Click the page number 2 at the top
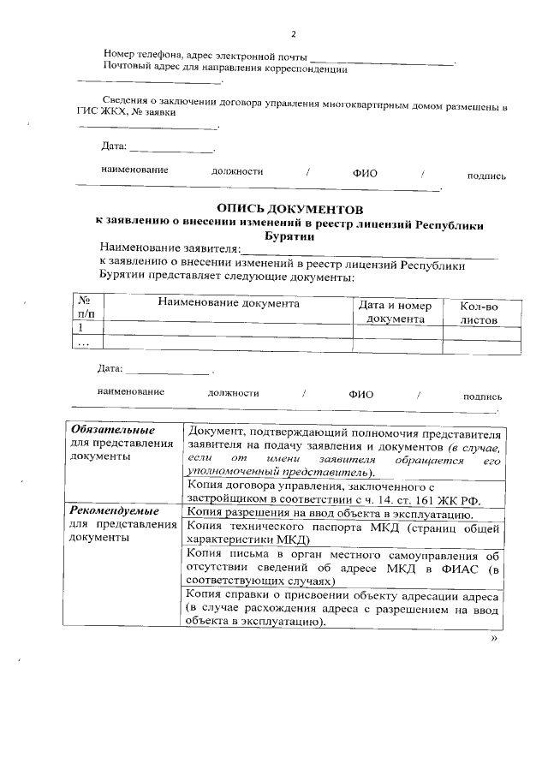tap(293, 34)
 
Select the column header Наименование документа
tap(228, 303)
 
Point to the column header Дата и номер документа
tap(396, 312)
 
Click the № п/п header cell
tap(85, 308)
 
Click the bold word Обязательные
tap(113, 429)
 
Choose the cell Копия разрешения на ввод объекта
tap(330, 514)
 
